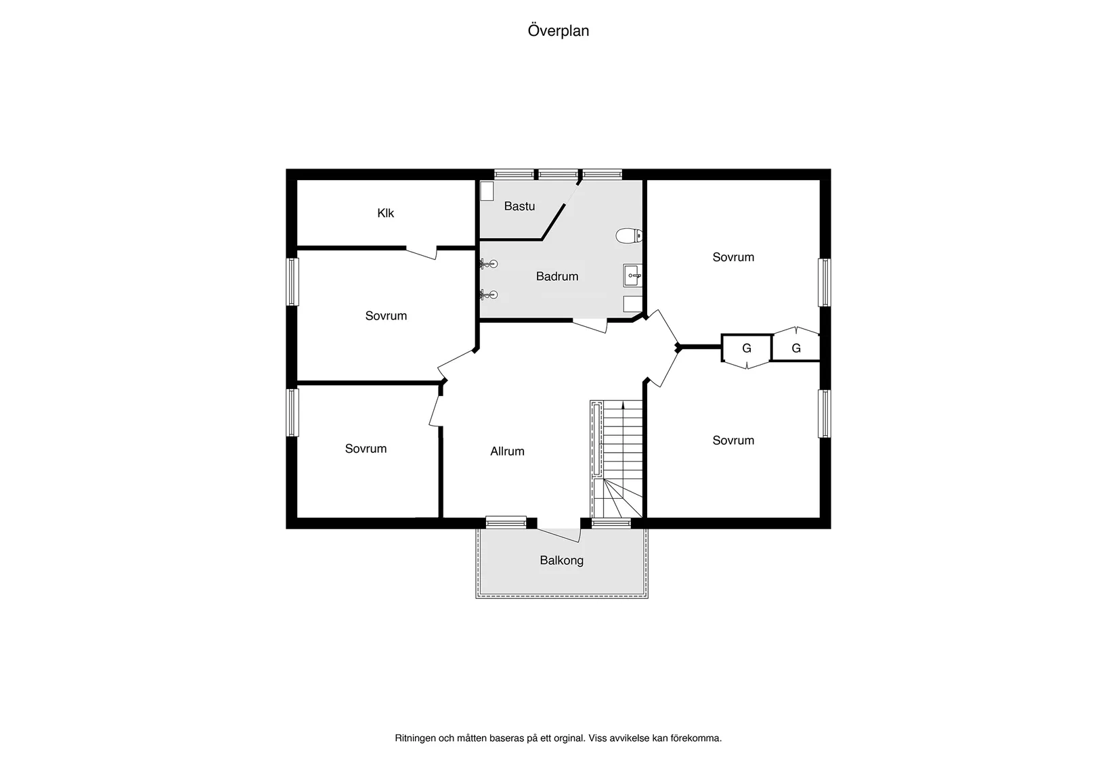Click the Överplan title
[558, 31]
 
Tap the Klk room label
[385, 213]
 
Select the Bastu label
[519, 206]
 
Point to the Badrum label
[557, 276]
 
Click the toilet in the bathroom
[629, 236]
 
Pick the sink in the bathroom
[632, 275]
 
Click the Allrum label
[507, 451]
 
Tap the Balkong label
[561, 560]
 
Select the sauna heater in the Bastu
[487, 192]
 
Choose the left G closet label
[747, 349]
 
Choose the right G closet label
[796, 349]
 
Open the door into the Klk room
[421, 252]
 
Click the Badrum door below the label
[590, 326]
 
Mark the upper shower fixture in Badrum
[489, 263]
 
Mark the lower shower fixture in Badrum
[489, 294]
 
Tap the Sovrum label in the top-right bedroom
[733, 257]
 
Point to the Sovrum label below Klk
[386, 316]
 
